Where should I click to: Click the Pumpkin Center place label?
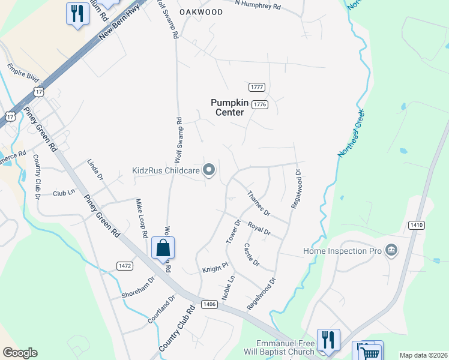coord(228,107)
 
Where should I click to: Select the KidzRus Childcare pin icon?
coord(209,171)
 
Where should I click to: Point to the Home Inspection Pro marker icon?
coord(391,250)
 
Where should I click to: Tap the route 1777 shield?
coord(258,87)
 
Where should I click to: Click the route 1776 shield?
coord(259,104)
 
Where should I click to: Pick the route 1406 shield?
coord(209,304)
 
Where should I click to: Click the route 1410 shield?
coord(416,225)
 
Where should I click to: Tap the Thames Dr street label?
coord(259,205)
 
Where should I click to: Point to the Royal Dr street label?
coord(259,230)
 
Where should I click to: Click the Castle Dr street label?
coord(252,254)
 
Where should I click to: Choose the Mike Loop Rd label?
coord(142,220)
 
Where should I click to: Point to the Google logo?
coord(20,353)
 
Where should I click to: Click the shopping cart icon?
coord(369,352)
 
